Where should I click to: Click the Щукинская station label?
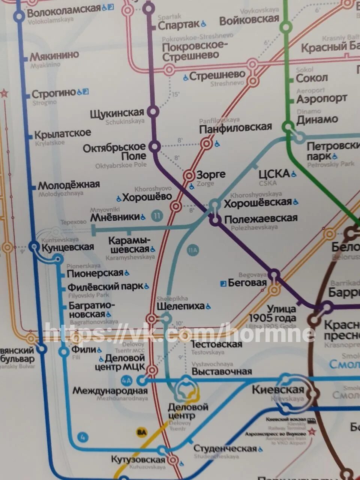click(117, 113)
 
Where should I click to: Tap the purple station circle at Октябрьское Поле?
click(154, 146)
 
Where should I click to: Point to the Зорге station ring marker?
click(189, 175)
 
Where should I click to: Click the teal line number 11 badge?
click(157, 216)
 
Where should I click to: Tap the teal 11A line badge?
click(193, 250)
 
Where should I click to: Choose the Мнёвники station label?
click(115, 217)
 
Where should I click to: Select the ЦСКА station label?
click(274, 174)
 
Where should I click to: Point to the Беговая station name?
click(247, 283)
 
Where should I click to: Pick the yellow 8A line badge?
click(142, 432)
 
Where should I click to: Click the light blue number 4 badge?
click(83, 437)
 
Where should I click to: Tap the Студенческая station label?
click(225, 448)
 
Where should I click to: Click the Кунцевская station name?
click(67, 247)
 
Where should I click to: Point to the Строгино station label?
click(54, 93)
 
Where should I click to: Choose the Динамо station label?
click(317, 120)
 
